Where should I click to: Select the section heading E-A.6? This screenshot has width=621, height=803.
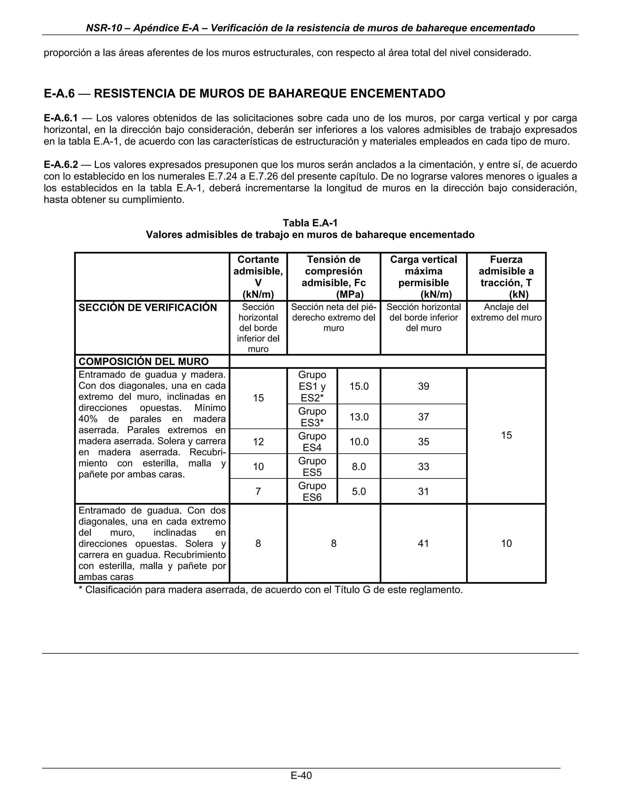click(x=59, y=93)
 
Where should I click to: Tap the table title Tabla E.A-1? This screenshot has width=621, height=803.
click(x=310, y=223)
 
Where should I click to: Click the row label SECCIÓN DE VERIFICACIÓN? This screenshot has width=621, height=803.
click(x=148, y=308)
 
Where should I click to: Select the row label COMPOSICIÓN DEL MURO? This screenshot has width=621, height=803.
click(x=143, y=362)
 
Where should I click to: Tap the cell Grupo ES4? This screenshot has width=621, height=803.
click(x=312, y=441)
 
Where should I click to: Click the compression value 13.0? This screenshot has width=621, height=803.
click(x=359, y=417)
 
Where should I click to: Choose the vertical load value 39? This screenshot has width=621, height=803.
click(x=423, y=386)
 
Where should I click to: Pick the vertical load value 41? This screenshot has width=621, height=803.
click(x=423, y=543)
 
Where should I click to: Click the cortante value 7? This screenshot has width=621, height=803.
click(x=258, y=491)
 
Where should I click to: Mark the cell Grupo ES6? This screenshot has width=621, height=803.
click(x=312, y=491)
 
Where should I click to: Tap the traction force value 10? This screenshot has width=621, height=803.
click(x=506, y=543)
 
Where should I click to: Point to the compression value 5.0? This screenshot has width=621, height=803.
click(x=359, y=491)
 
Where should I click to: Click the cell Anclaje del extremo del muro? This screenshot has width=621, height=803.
click(x=506, y=312)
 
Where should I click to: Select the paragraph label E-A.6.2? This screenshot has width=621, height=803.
click(x=61, y=165)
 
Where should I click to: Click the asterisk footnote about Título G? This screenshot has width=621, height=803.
click(x=270, y=590)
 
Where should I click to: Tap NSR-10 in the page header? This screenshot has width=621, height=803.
click(x=103, y=28)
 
